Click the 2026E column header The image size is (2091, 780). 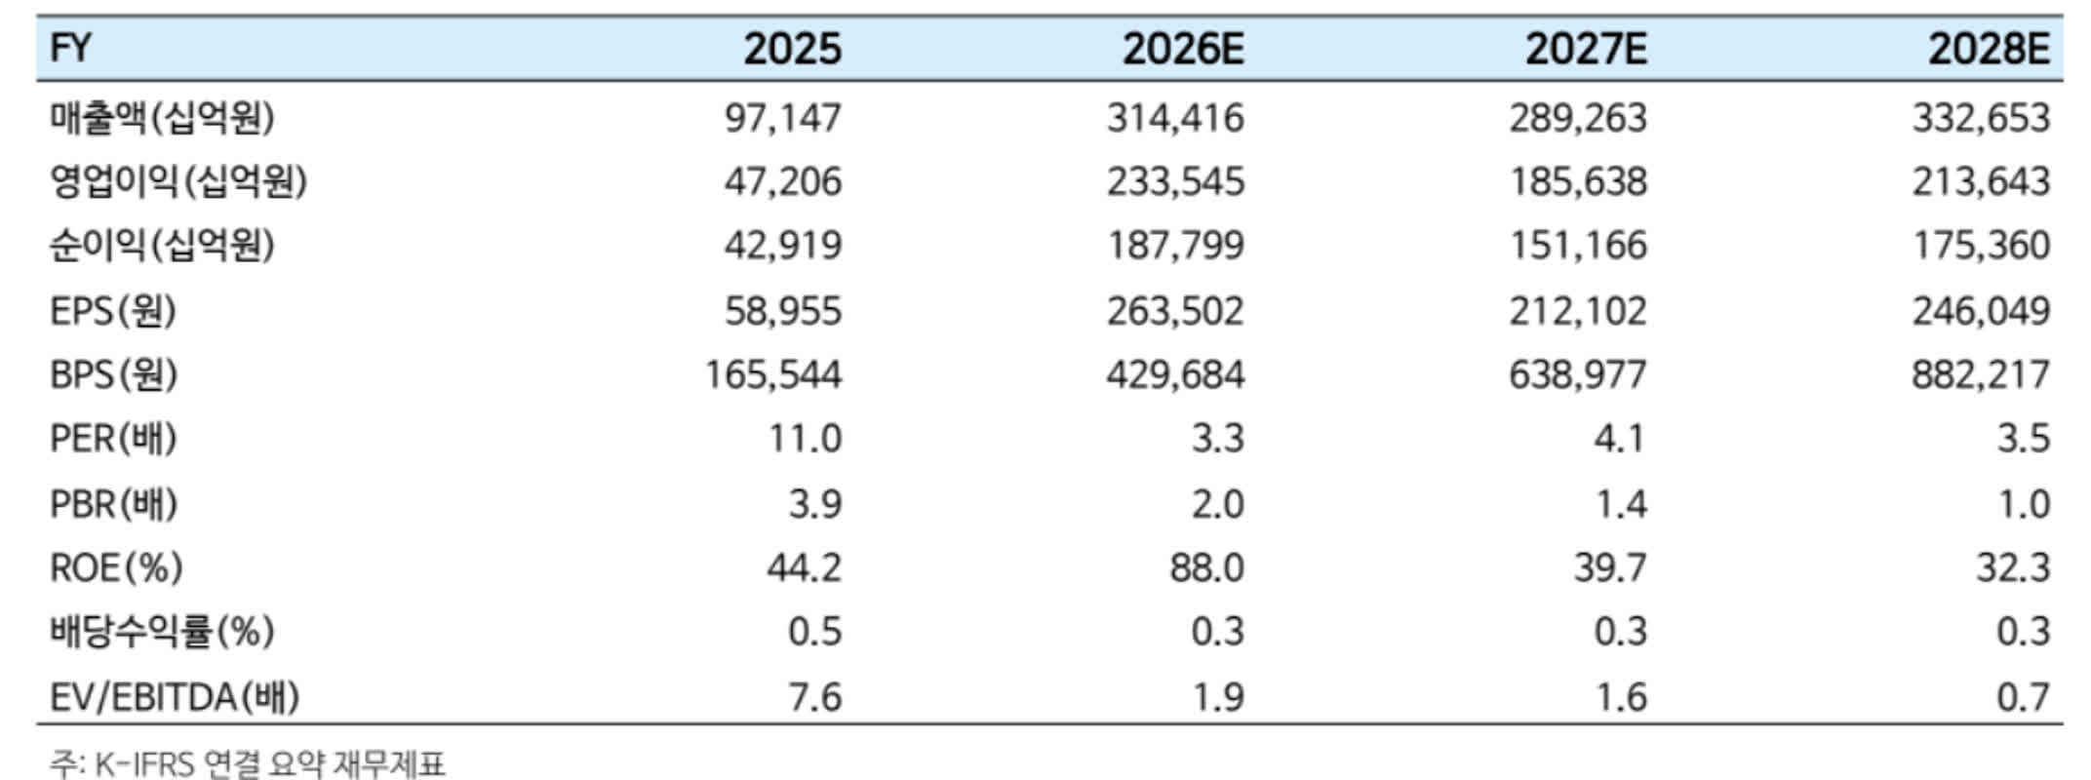pyautogui.click(x=1183, y=49)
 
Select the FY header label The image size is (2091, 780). pyautogui.click(x=70, y=49)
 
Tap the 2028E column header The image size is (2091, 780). pyautogui.click(x=1989, y=49)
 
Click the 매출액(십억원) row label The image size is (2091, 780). pyautogui.click(x=163, y=118)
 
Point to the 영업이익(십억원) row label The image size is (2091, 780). pyautogui.click(x=178, y=181)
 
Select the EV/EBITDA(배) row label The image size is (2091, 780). pyautogui.click(x=175, y=697)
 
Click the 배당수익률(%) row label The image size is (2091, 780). pyautogui.click(x=163, y=632)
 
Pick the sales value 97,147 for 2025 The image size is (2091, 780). pyautogui.click(x=782, y=118)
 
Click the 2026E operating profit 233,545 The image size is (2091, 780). pyautogui.click(x=1175, y=181)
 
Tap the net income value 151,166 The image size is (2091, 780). pyautogui.click(x=1578, y=245)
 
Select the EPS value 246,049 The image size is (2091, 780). pyautogui.click(x=1981, y=311)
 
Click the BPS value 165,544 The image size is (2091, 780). pyautogui.click(x=773, y=374)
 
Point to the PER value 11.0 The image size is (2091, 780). pyautogui.click(x=805, y=439)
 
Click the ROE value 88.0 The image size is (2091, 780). pyautogui.click(x=1207, y=567)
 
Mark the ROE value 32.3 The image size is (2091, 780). pyautogui.click(x=2013, y=567)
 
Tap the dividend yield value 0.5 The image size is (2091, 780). pyautogui.click(x=814, y=632)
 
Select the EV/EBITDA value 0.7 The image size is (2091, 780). pyautogui.click(x=2024, y=697)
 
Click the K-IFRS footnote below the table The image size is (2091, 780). pyautogui.click(x=248, y=763)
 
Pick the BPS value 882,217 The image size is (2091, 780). pyautogui.click(x=1981, y=374)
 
